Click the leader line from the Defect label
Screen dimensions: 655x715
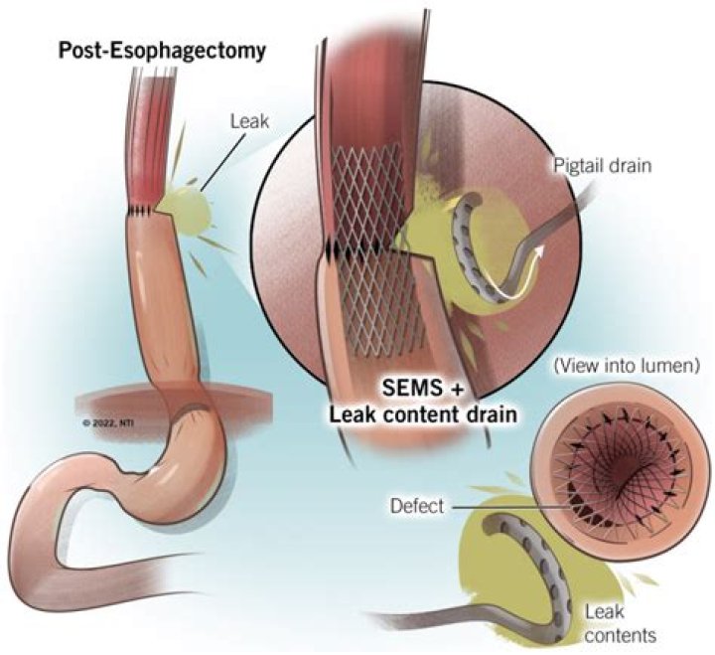coord(506,507)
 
